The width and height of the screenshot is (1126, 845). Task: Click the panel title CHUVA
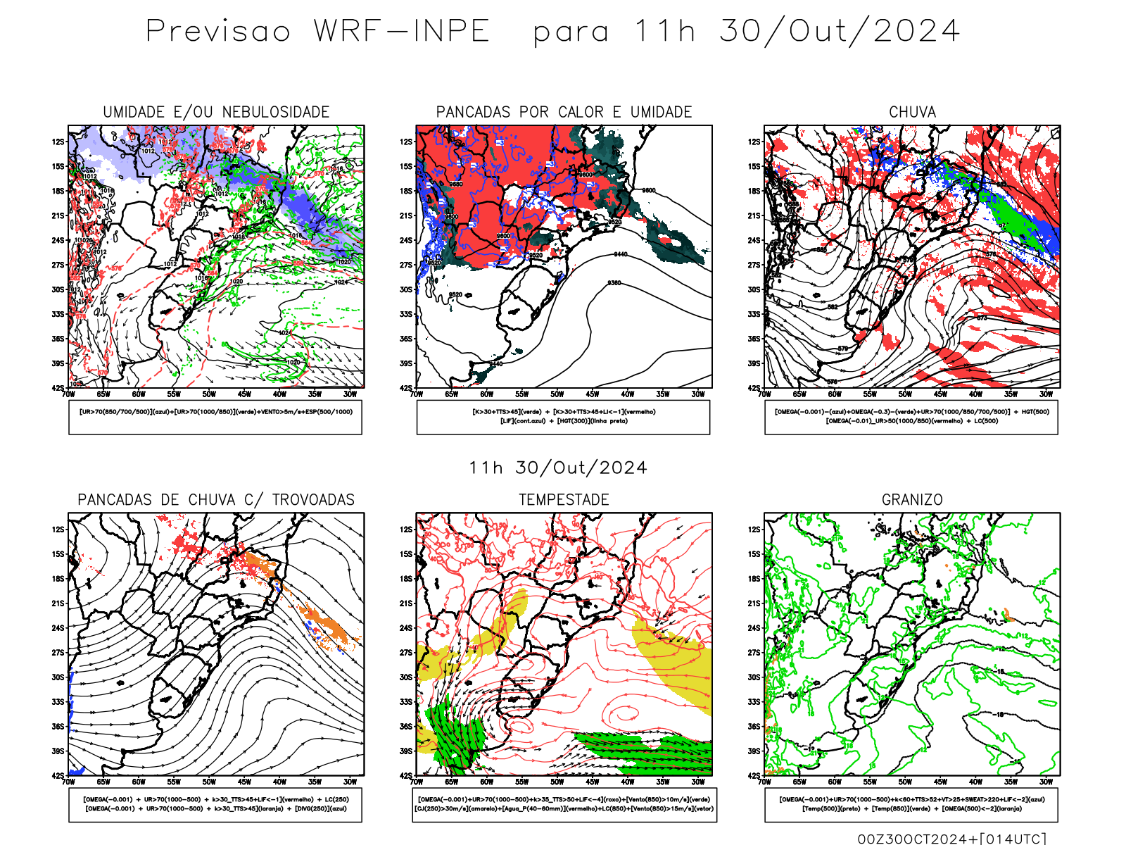(x=912, y=112)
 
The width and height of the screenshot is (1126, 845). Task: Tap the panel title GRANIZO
(x=912, y=500)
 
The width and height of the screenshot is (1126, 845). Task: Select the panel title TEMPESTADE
(x=564, y=500)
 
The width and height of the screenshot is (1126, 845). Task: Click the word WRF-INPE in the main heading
(x=401, y=32)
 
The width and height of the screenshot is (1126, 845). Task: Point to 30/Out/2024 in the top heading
(x=839, y=32)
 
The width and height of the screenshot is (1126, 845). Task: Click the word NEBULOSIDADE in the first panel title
(x=275, y=112)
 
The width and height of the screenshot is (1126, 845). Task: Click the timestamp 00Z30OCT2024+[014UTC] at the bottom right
(x=951, y=839)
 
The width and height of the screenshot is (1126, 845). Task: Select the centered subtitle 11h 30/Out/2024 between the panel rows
(x=558, y=468)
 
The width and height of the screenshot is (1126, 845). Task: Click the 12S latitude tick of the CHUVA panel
(x=754, y=142)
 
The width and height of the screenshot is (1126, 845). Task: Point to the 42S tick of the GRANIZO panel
(x=754, y=775)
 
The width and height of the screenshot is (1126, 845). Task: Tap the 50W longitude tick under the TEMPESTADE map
(x=557, y=782)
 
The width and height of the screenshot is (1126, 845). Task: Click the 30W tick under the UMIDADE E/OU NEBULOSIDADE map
(x=350, y=394)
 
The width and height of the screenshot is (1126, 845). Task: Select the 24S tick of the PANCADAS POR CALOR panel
(x=406, y=240)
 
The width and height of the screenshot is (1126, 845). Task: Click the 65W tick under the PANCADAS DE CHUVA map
(x=103, y=782)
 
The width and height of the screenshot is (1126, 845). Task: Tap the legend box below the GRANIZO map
(x=911, y=804)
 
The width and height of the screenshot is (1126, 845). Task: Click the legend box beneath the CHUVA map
(x=911, y=417)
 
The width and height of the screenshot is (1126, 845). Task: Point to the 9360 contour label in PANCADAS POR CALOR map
(x=614, y=283)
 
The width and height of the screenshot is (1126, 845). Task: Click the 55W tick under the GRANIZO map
(x=870, y=782)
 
